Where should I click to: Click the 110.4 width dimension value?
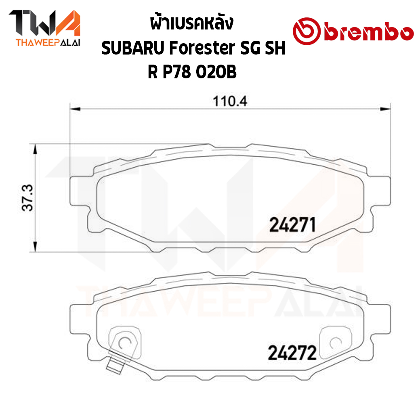click(x=230, y=101)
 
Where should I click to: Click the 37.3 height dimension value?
click(x=27, y=198)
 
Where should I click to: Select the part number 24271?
click(x=292, y=225)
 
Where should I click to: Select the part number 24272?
click(x=292, y=353)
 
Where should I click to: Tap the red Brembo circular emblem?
click(x=307, y=31)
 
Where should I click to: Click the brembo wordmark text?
click(x=369, y=33)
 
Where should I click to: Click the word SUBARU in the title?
click(x=133, y=48)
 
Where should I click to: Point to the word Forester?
click(x=202, y=48)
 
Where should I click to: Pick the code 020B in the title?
click(x=216, y=72)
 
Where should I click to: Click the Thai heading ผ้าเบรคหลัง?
click(x=192, y=23)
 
